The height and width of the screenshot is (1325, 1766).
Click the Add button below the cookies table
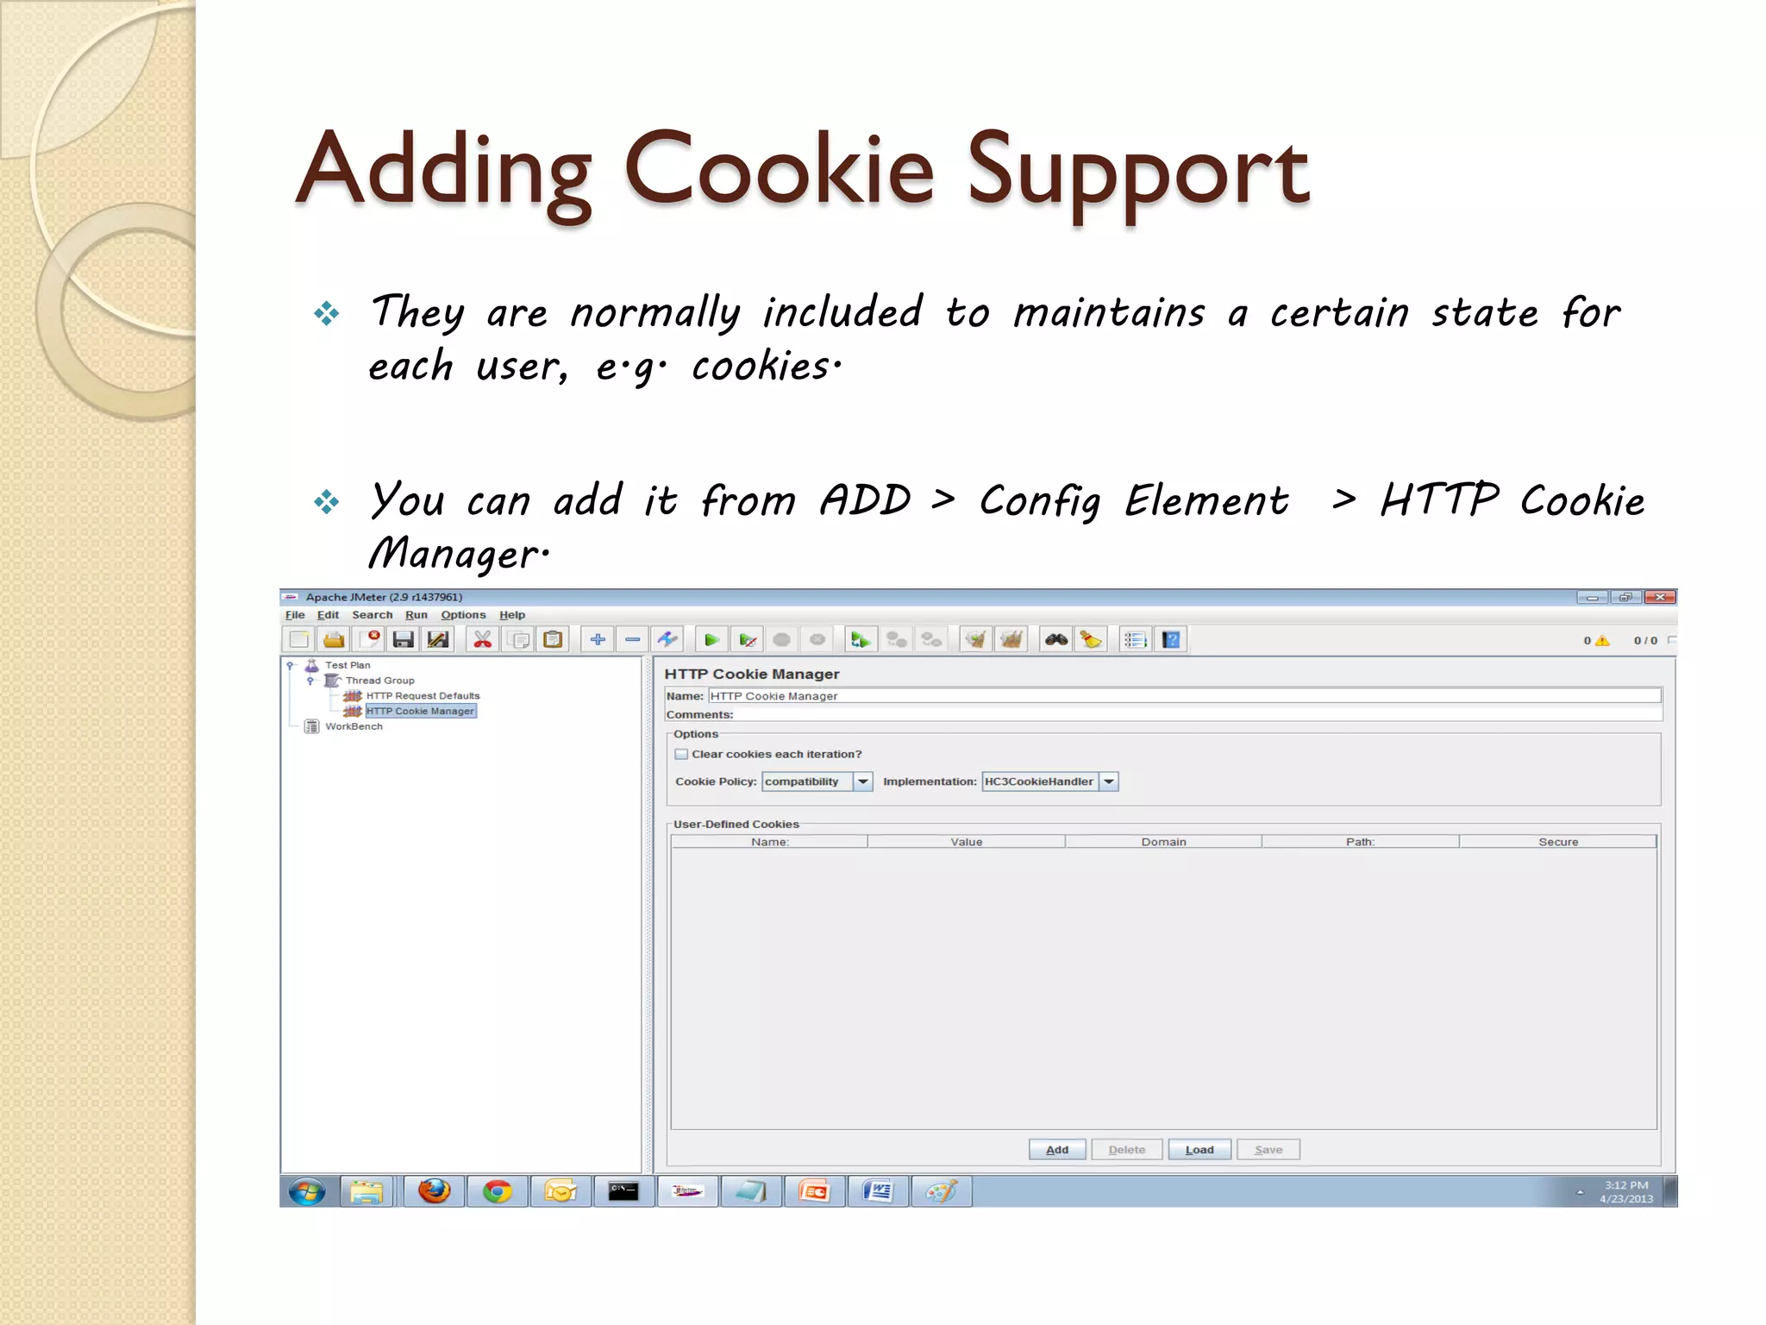1056,1150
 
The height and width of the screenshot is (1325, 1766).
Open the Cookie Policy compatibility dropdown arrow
863,782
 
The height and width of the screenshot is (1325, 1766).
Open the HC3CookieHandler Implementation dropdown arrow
1109,782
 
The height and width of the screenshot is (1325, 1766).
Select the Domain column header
1163,842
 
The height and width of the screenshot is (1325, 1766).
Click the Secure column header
1557,842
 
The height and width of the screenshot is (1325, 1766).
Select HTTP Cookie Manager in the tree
420,711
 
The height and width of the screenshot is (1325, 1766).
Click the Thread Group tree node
379,681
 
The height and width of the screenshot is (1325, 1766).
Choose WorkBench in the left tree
354,726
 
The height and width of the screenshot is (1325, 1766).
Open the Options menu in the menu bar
463,615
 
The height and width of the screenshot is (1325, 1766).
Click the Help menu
512,615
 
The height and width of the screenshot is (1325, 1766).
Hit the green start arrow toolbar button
711,640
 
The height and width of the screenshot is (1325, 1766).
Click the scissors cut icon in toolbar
483,640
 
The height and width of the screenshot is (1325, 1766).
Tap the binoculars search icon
1056,640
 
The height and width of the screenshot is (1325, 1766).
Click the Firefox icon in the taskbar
434,1192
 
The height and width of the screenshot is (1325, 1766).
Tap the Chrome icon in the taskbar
497,1192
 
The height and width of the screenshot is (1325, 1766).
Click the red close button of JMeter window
1659,597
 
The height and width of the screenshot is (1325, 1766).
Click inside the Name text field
1181,696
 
